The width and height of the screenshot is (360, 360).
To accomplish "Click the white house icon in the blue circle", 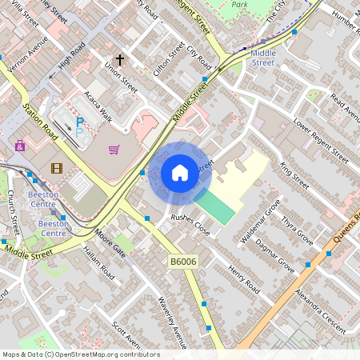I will click(x=180, y=173).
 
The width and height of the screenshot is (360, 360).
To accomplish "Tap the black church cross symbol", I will click(x=120, y=60).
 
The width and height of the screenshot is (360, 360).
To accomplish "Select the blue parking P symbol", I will click(x=79, y=124).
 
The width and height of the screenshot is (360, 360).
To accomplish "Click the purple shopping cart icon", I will click(x=114, y=149).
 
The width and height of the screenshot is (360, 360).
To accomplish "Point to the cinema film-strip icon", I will click(x=56, y=168).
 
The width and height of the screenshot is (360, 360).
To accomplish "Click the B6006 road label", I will click(x=182, y=262).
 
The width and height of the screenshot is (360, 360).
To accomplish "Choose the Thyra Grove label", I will click(x=297, y=229).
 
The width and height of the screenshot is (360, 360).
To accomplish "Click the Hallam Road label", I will click(x=99, y=266).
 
